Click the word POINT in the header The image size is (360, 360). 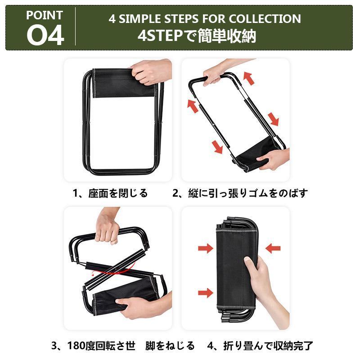(x=44, y=15)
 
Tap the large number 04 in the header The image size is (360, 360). (x=45, y=36)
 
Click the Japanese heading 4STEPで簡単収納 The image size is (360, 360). (x=197, y=36)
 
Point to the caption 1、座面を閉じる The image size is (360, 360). (x=110, y=193)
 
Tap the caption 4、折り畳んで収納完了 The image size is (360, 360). (x=261, y=346)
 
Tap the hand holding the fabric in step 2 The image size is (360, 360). (x=273, y=158)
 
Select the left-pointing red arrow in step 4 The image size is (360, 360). (x=273, y=248)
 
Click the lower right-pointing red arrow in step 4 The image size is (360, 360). (x=206, y=293)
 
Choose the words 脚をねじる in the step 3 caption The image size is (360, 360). (x=170, y=346)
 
